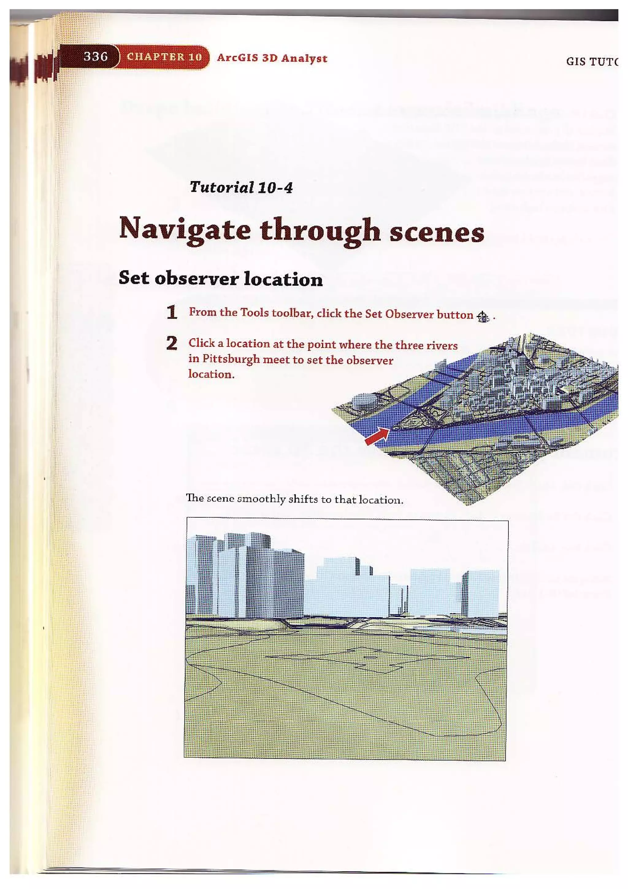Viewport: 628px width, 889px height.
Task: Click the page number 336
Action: (96, 57)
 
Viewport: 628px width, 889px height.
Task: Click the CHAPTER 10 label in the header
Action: (164, 57)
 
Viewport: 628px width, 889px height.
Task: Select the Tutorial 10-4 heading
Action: (241, 188)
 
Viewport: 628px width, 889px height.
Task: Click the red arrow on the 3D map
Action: (377, 436)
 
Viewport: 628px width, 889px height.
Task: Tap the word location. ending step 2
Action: (211, 374)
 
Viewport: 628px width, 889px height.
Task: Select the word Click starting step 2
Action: (201, 343)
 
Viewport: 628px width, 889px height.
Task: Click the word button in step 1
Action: (455, 315)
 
